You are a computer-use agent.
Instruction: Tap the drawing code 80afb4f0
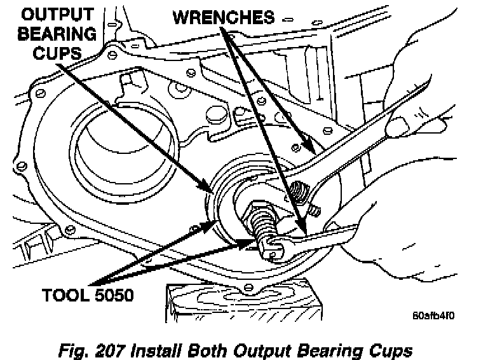(433, 313)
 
